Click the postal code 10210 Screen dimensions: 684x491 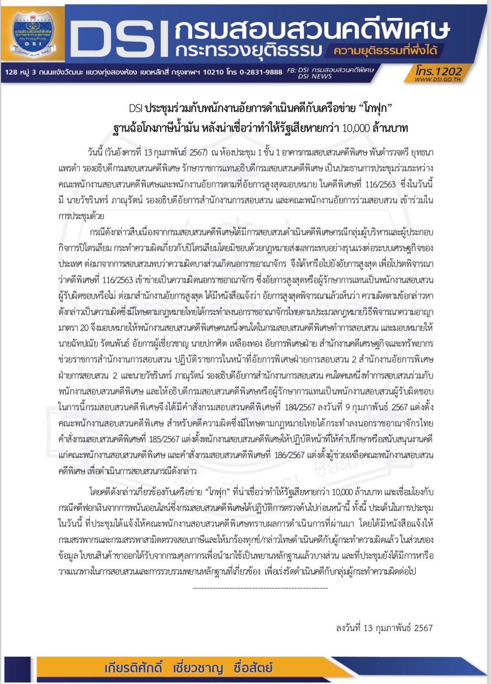click(212, 72)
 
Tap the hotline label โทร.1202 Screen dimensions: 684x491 click(438, 71)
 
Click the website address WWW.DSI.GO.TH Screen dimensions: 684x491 click(438, 79)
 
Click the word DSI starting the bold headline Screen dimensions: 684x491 click(135, 109)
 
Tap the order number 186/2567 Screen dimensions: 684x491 click(287, 455)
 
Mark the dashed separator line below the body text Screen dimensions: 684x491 click(260, 588)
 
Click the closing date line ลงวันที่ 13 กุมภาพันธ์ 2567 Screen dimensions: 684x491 click(384, 628)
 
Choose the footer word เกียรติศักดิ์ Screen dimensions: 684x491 click(132, 668)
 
